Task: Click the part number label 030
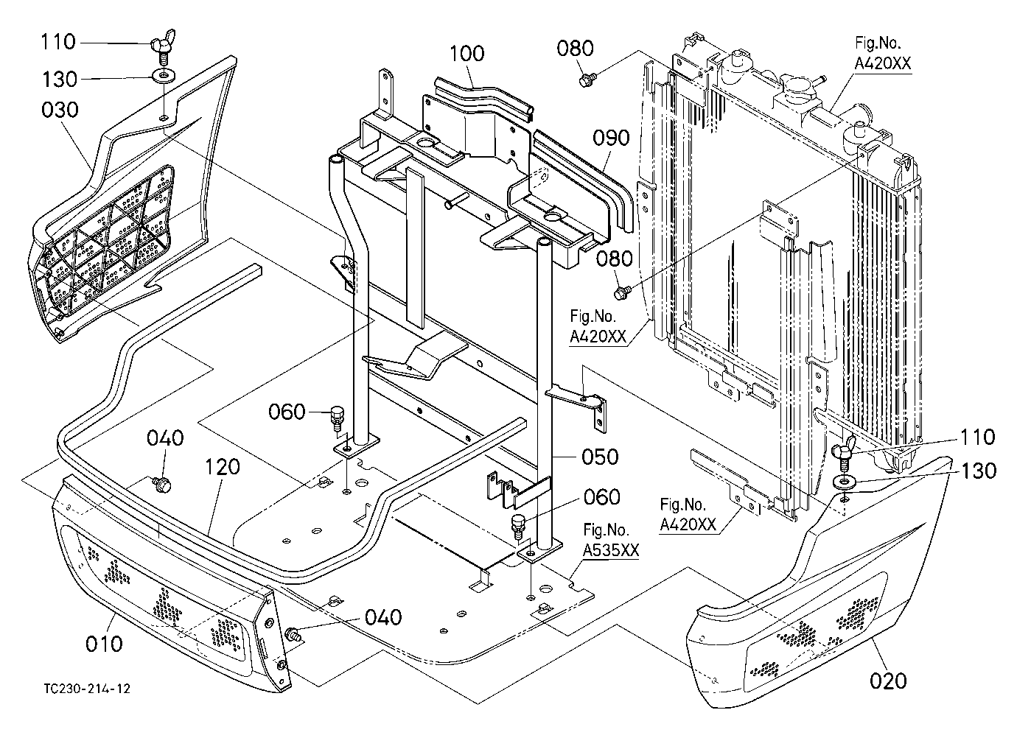coord(60,110)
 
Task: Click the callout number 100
coord(466,54)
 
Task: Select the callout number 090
coord(611,138)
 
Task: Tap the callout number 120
coord(222,466)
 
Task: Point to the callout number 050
coord(600,457)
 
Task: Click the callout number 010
coord(104,644)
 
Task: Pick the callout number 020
coord(888,681)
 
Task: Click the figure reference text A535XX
coord(611,550)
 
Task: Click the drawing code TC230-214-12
coord(87,689)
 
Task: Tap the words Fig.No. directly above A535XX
coord(606,530)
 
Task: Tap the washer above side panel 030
coord(164,74)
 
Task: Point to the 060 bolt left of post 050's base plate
coord(337,419)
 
